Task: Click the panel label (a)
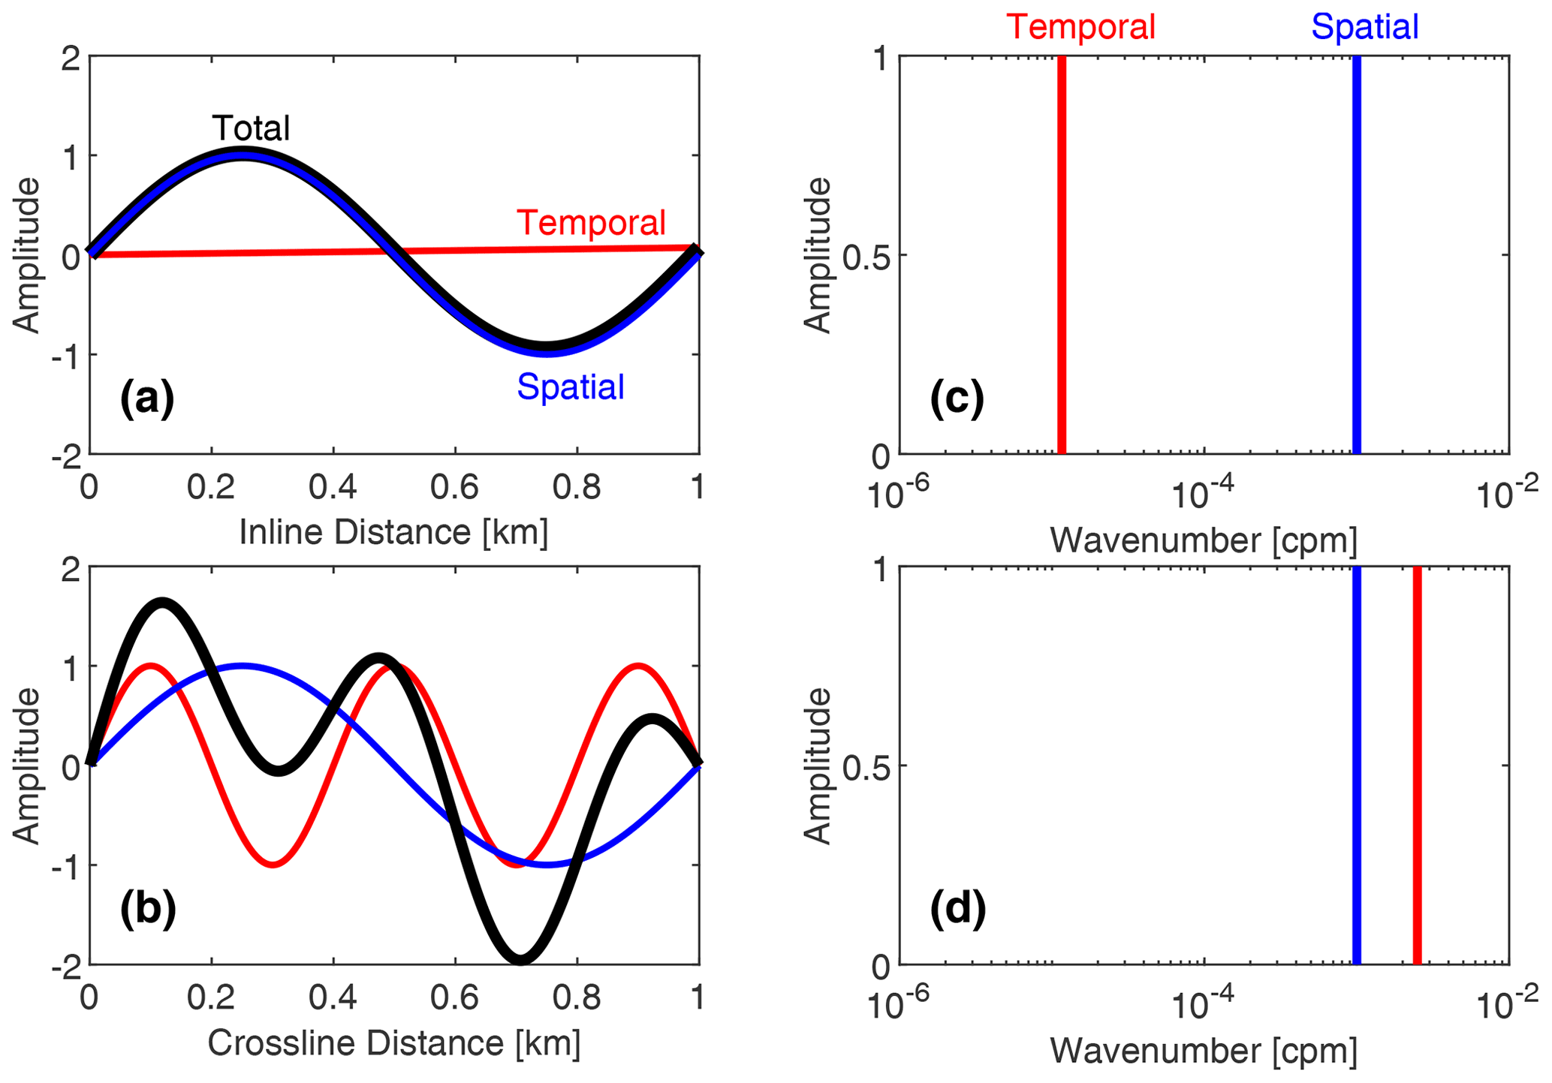(x=147, y=399)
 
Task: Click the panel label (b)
(x=148, y=909)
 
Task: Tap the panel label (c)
(x=957, y=399)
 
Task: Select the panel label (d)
(x=958, y=909)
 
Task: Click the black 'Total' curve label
(x=251, y=128)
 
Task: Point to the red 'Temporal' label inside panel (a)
(x=591, y=223)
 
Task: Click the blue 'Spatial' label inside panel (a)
(x=570, y=387)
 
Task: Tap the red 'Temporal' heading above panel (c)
(x=1080, y=27)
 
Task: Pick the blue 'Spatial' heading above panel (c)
(x=1364, y=27)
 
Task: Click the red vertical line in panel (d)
(x=1417, y=766)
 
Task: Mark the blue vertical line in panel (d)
(x=1357, y=766)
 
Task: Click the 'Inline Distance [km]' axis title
(x=393, y=532)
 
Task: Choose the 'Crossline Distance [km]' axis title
(x=393, y=1043)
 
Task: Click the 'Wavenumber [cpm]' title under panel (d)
(x=1203, y=1051)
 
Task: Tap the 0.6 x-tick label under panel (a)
(x=454, y=488)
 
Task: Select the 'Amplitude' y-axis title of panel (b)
(x=26, y=766)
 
